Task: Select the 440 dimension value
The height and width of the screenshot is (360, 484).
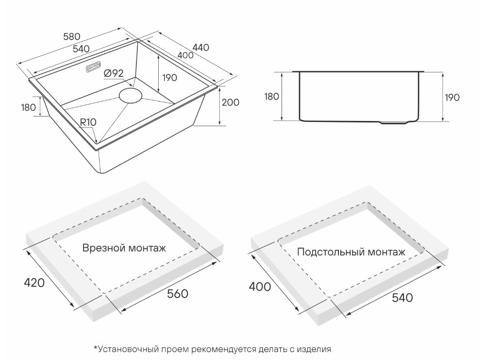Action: [x=200, y=47]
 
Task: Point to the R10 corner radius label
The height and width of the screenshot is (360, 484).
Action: [x=88, y=122]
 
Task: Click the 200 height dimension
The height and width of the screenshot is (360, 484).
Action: [x=231, y=103]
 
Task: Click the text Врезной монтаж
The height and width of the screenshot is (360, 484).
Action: [x=124, y=248]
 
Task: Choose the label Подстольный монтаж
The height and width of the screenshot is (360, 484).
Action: [x=350, y=252]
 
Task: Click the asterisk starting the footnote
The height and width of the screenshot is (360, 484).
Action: [x=96, y=348]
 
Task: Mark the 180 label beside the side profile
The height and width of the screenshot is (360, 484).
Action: [x=272, y=96]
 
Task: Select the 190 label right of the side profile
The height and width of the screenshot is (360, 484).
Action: [x=452, y=97]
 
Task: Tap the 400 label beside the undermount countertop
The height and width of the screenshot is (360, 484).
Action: [x=260, y=287]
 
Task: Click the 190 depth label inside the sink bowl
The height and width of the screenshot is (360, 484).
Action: [x=169, y=78]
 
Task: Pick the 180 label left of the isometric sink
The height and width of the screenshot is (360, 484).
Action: [x=29, y=107]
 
